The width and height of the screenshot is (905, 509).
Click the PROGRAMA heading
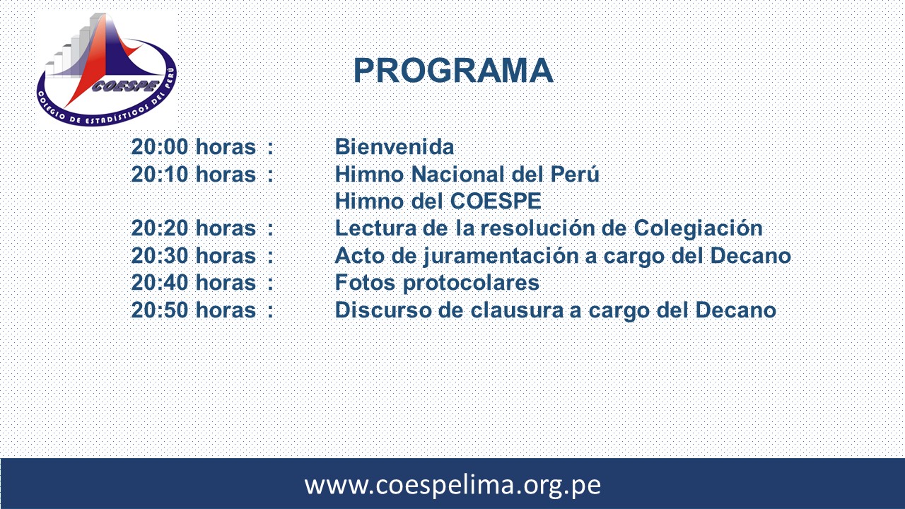click(x=453, y=71)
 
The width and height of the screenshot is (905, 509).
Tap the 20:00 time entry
click(x=160, y=146)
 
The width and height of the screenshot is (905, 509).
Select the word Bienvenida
click(x=395, y=146)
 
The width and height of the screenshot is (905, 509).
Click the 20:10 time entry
click(x=160, y=175)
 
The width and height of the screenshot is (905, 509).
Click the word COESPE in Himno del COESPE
click(x=496, y=201)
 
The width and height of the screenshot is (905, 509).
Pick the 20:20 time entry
click(x=160, y=228)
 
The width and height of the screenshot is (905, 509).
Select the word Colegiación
click(x=698, y=228)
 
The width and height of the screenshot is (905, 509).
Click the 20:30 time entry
click(x=160, y=256)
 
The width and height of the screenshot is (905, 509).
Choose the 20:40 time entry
click(x=160, y=282)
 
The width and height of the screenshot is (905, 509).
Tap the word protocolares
click(x=471, y=283)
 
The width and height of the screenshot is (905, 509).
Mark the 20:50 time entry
click(x=160, y=310)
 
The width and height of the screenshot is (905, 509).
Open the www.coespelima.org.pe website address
click(x=452, y=485)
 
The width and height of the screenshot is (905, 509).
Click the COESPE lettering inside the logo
click(x=125, y=86)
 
